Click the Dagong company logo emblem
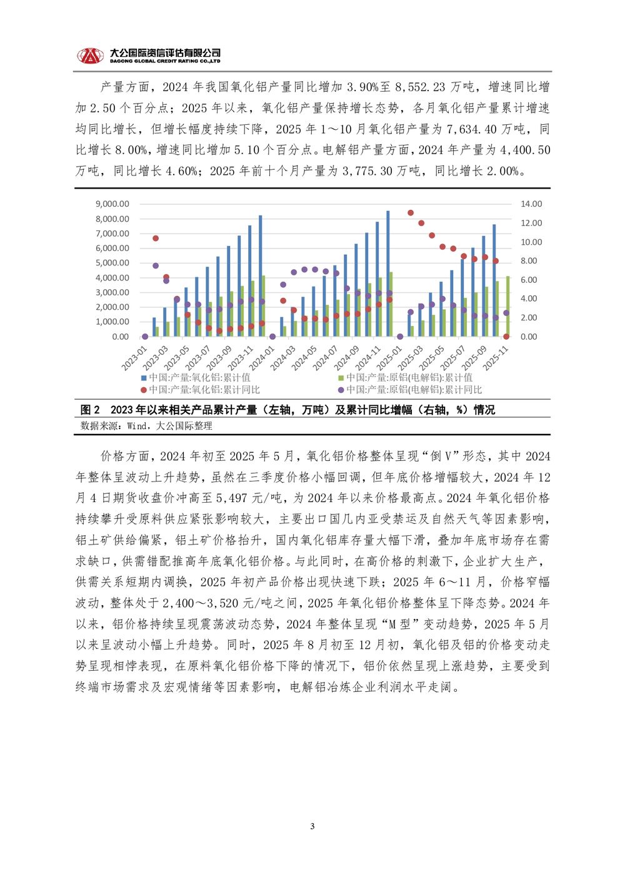[91, 56]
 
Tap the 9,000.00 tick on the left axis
[112, 204]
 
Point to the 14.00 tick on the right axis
[531, 204]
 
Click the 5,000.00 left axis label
[112, 263]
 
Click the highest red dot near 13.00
[411, 213]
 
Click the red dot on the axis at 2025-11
[506, 337]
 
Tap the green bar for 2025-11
[508, 306]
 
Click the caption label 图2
[90, 410]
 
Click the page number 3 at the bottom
[312, 827]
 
